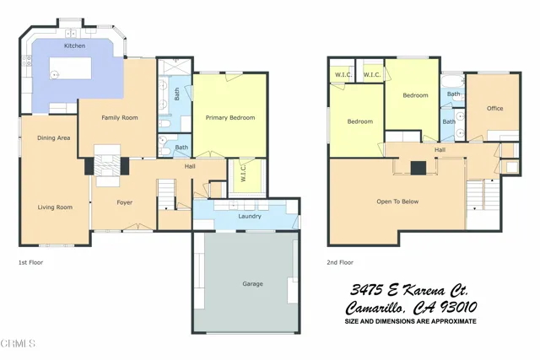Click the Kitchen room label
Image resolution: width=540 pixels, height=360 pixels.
click(74, 45)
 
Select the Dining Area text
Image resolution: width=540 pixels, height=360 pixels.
click(52, 137)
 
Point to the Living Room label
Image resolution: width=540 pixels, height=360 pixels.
click(54, 207)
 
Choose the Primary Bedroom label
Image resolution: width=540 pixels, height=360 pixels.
click(230, 118)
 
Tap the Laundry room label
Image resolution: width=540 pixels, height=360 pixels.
click(250, 216)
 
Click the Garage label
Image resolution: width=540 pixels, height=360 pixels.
click(252, 283)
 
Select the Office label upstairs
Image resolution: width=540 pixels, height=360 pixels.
click(494, 108)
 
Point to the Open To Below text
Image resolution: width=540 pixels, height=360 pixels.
click(397, 201)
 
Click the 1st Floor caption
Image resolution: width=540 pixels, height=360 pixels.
click(31, 262)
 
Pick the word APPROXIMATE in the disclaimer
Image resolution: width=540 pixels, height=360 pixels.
click(451, 322)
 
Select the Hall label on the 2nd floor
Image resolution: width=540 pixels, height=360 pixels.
click(440, 150)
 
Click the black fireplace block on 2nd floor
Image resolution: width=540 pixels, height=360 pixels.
click(418, 167)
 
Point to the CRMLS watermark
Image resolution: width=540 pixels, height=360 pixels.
click(19, 343)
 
